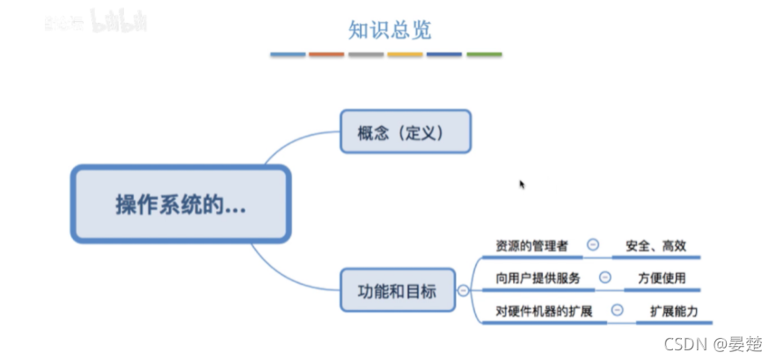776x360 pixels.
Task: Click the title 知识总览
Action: click(x=389, y=28)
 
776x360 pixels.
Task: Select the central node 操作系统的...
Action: click(x=180, y=204)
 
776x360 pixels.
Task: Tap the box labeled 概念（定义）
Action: click(x=406, y=133)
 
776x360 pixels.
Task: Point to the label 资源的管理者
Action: click(x=532, y=245)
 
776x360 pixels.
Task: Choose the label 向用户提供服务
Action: click(x=538, y=278)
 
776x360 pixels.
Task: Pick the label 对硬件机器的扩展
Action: click(x=544, y=311)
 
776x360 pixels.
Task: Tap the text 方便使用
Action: click(x=662, y=278)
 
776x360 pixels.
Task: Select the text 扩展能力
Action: click(x=674, y=311)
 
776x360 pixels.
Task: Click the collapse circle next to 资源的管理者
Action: click(x=593, y=245)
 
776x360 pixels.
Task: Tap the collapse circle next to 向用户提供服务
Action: click(x=605, y=278)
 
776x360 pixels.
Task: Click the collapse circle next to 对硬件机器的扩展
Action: click(x=618, y=311)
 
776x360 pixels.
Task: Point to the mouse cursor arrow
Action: click(x=522, y=184)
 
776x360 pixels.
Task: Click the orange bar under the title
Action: click(x=326, y=55)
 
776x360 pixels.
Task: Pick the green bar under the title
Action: click(x=484, y=55)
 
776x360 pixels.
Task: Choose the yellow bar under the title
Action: click(x=405, y=55)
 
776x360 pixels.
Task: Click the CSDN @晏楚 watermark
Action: click(x=713, y=342)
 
